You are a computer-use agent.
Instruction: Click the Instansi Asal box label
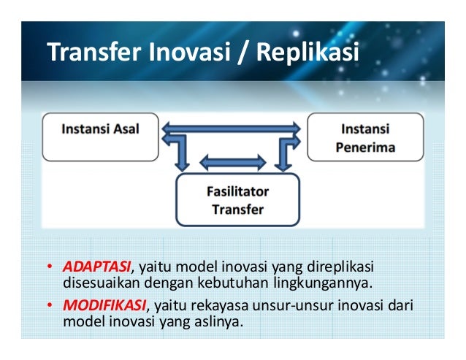click(100, 130)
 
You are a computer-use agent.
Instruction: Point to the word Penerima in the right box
click(365, 148)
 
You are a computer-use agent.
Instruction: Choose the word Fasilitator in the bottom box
click(236, 191)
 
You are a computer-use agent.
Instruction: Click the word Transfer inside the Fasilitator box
click(236, 209)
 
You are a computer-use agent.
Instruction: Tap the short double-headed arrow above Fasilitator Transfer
click(233, 161)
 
